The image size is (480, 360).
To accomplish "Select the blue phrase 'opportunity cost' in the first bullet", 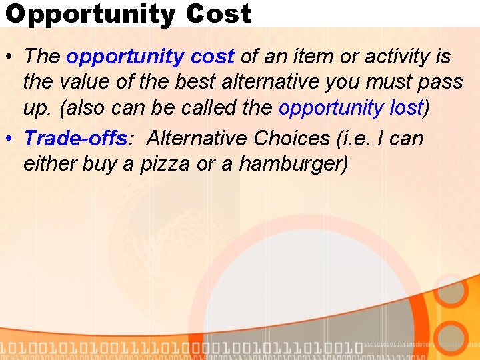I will pyautogui.click(x=150, y=57).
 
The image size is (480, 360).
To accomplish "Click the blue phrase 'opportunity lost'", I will pyautogui.click(x=351, y=108).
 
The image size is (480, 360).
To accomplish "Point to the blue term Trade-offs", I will pyautogui.click(x=75, y=138).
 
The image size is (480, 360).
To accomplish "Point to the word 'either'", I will pyautogui.click(x=49, y=163).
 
